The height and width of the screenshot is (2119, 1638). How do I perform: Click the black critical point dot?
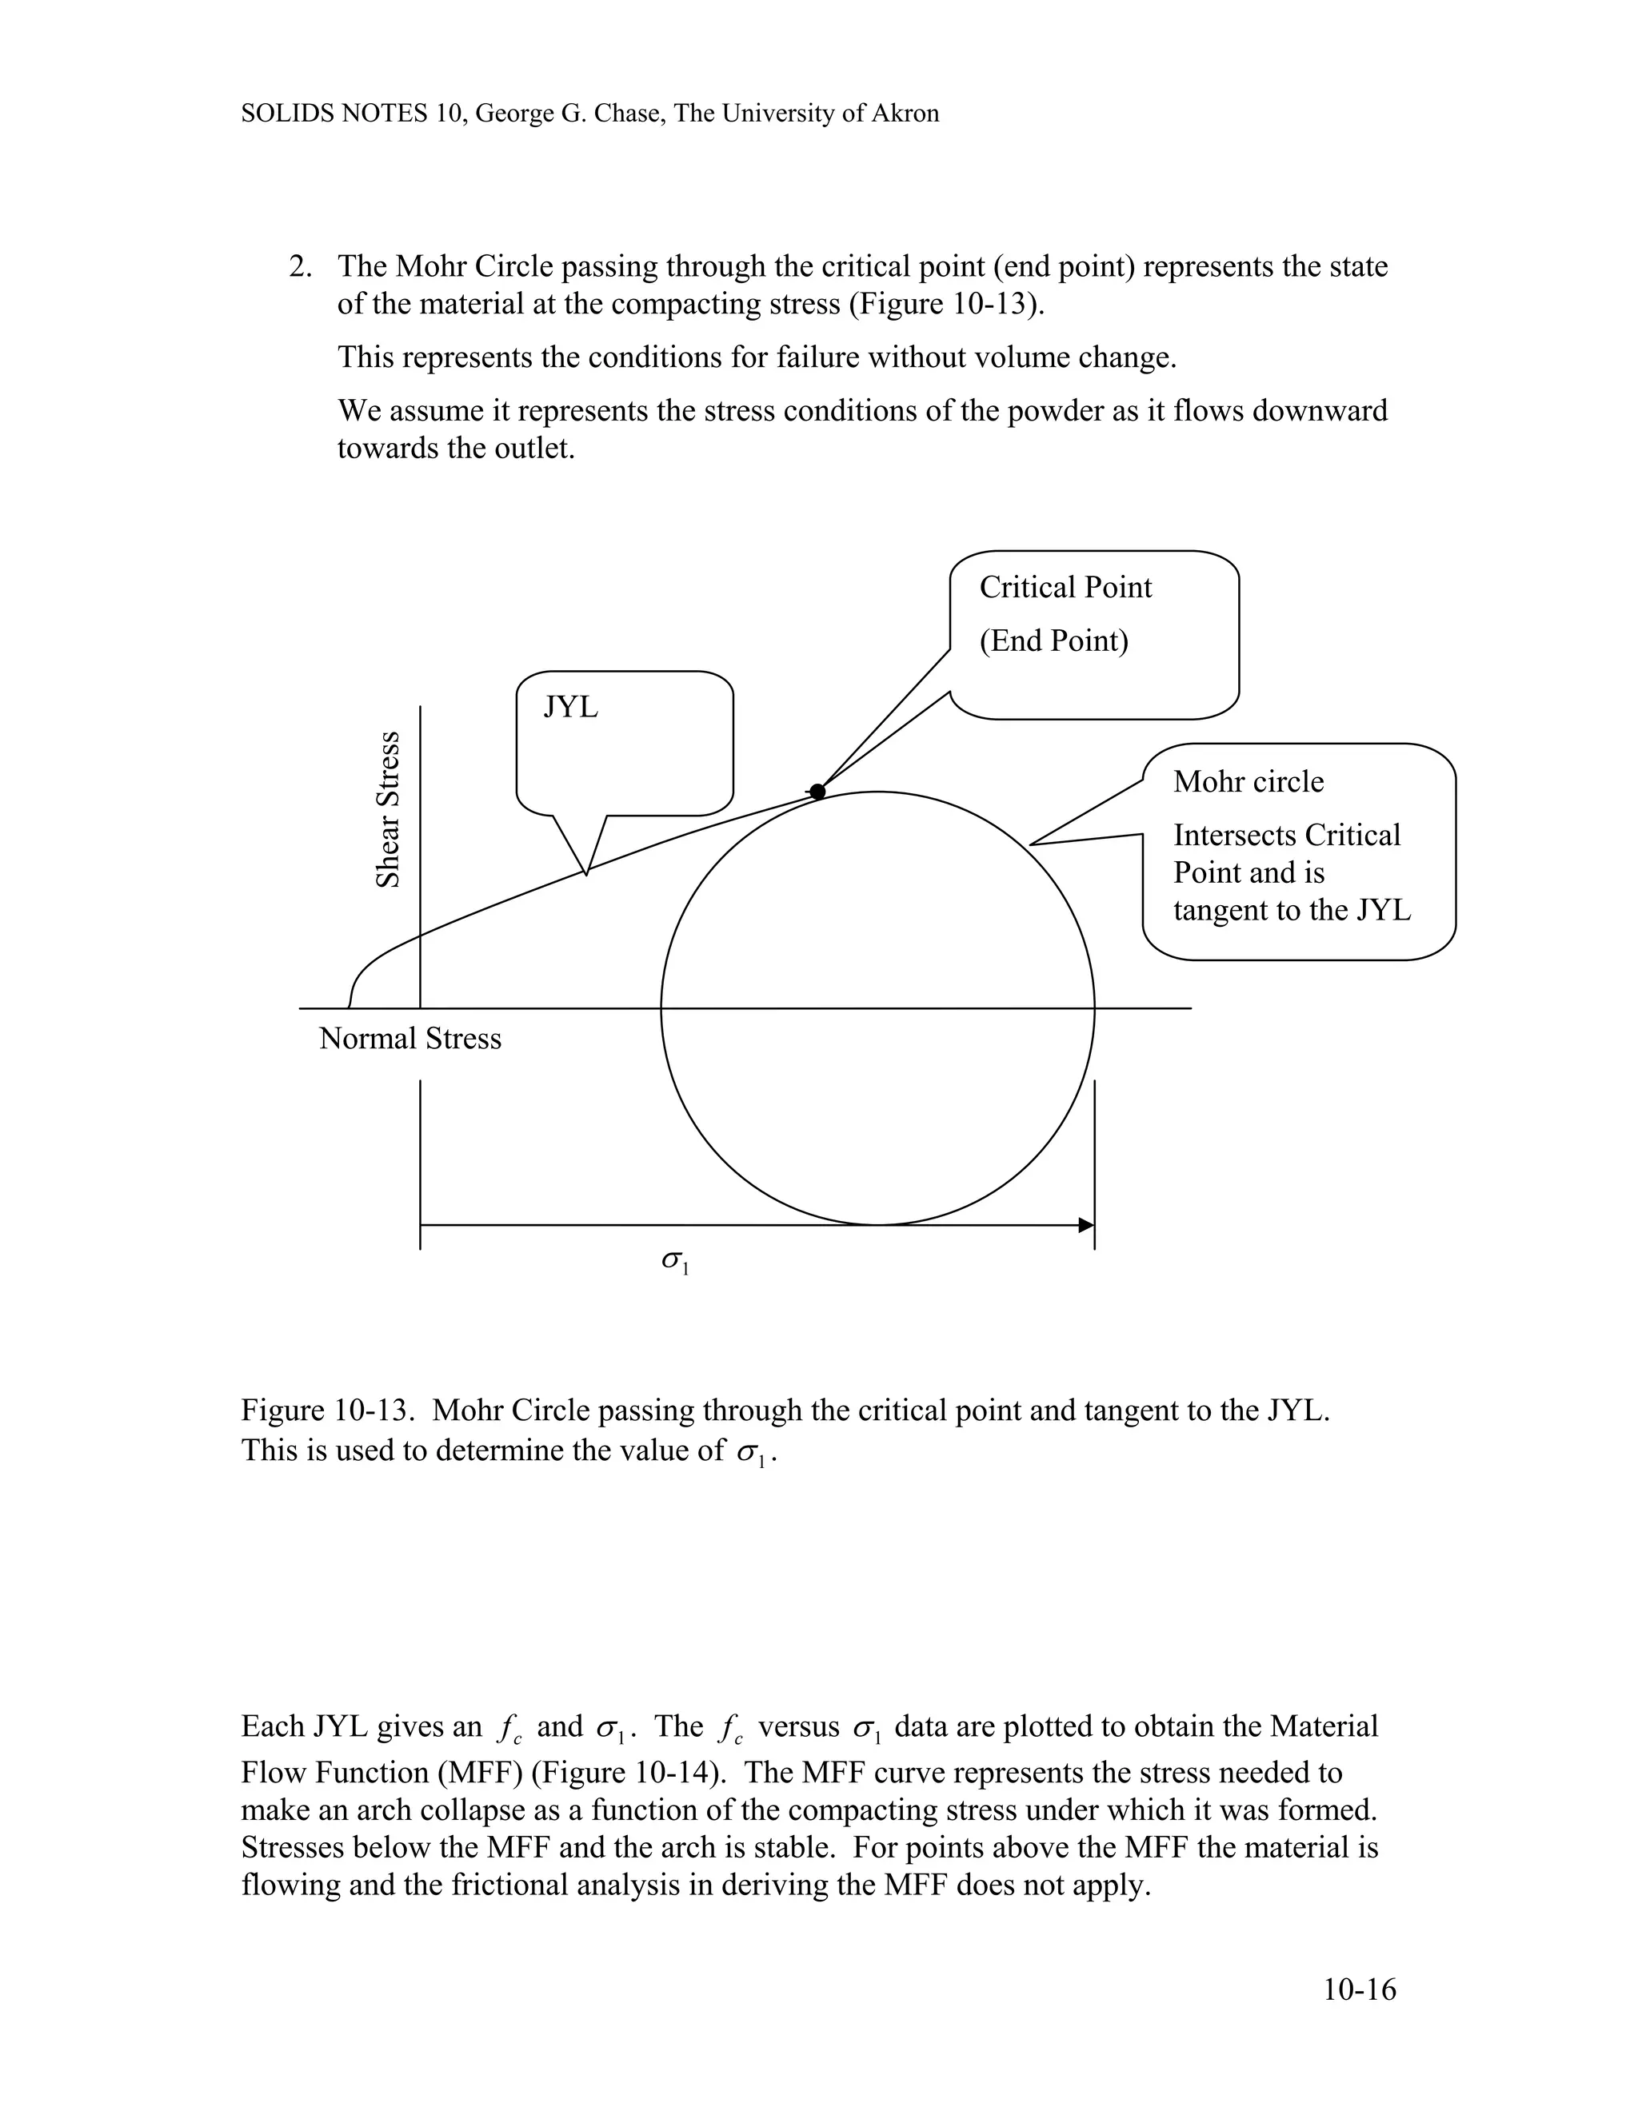coord(817,792)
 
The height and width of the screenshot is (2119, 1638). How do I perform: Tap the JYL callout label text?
coord(570,708)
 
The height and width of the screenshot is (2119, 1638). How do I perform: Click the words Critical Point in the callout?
coord(1065,587)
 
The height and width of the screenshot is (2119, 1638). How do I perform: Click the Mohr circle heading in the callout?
coord(1248,782)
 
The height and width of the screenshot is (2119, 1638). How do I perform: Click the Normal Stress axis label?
coord(409,1040)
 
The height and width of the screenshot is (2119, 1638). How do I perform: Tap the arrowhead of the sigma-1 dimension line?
coord(1087,1225)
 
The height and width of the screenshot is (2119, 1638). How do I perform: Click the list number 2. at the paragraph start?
coord(300,267)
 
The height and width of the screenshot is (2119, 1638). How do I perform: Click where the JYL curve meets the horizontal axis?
coord(350,1007)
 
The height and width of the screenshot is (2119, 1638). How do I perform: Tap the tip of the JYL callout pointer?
coord(586,874)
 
